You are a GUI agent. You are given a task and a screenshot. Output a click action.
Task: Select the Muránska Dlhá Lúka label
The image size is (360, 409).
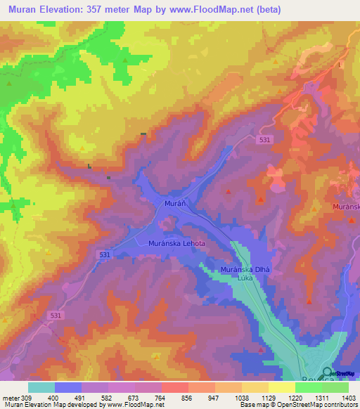(245, 273)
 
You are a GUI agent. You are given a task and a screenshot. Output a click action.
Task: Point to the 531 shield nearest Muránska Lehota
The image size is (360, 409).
(104, 254)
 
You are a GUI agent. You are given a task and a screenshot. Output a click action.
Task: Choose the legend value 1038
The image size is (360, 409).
(240, 398)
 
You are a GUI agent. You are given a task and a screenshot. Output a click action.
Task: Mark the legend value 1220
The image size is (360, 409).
(294, 398)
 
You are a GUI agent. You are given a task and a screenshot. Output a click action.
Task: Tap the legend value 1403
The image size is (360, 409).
(347, 398)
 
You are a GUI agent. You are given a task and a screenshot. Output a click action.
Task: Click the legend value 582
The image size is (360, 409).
(108, 398)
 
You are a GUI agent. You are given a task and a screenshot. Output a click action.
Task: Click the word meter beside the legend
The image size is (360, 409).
(11, 398)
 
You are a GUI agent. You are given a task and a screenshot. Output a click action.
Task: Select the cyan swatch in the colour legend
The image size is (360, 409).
(41, 387)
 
